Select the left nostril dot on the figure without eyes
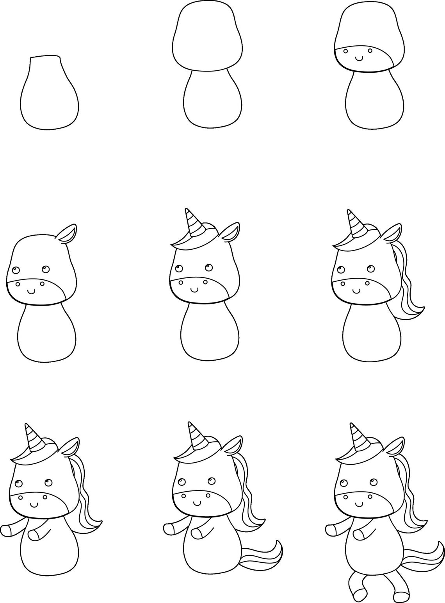(345, 50)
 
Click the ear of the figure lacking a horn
(67, 233)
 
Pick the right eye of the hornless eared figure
(45, 269)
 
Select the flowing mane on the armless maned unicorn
(406, 289)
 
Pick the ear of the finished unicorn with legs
(395, 446)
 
